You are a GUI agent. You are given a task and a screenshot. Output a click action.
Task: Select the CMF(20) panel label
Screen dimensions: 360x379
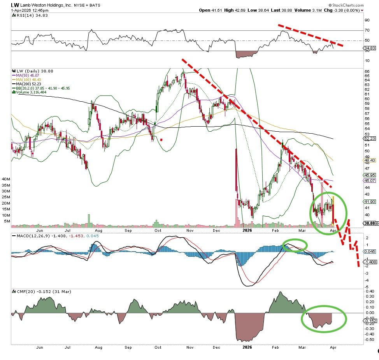pyautogui.click(x=24, y=291)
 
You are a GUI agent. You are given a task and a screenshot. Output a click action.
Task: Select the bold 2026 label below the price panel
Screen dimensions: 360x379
pyautogui.click(x=247, y=230)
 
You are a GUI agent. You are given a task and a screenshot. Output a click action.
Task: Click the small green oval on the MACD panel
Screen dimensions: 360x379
pyautogui.click(x=295, y=245)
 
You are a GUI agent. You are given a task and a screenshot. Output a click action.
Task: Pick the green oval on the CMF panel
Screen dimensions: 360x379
pyautogui.click(x=324, y=318)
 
